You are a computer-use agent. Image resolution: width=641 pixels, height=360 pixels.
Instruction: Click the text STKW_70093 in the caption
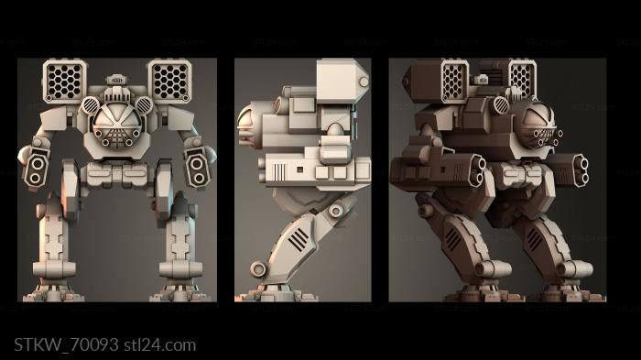(x=66, y=345)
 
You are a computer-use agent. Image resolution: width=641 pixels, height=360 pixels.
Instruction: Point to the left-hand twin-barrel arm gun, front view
(x=38, y=166)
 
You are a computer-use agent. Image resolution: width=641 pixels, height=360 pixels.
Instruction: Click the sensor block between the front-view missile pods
(x=116, y=90)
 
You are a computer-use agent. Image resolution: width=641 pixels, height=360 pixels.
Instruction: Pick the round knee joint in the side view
(x=336, y=211)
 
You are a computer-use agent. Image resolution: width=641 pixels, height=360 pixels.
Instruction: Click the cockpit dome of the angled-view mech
(x=544, y=124)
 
